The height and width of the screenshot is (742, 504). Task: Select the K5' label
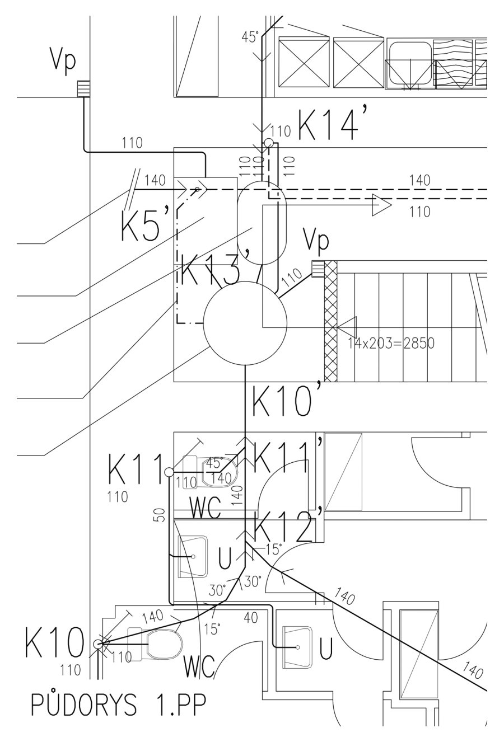pos(142,225)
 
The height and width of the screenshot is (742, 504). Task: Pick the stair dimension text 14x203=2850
pos(391,344)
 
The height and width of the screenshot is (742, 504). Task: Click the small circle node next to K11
pos(169,472)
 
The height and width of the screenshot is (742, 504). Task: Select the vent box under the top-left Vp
pos(83,88)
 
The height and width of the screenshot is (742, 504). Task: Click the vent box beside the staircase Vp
pos(318,269)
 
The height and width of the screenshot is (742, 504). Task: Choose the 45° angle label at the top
pos(250,37)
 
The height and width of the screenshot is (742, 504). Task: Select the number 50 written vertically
pos(160,516)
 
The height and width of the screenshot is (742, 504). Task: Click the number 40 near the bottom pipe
pos(250,617)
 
